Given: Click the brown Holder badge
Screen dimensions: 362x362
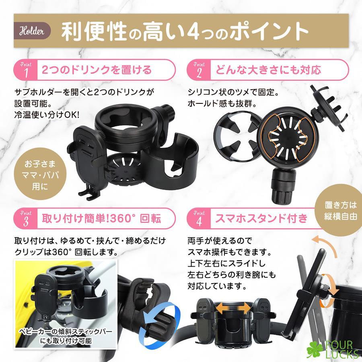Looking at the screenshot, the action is pos(32,31).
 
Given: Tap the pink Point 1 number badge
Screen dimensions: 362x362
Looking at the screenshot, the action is pos(25,70).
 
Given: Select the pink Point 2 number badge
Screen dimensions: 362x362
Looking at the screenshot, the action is pos(199,70).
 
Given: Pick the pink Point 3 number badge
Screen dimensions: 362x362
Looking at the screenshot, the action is pos(25,218).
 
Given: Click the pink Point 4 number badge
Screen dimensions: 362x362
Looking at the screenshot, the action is pos(199,218).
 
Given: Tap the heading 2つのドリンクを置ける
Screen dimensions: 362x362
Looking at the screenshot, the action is pos(97,70).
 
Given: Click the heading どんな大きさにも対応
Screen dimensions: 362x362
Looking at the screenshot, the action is pos(268,70).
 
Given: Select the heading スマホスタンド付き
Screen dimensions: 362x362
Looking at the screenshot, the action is pos(261,218).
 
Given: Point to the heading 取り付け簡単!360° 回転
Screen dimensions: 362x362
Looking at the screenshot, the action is pos(101,218).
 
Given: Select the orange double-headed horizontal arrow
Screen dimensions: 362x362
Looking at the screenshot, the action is pos(233,309).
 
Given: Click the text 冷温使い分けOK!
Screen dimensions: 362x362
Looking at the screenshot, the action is pos(47,115).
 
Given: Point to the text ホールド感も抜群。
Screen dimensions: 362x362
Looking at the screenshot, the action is pos(222,104).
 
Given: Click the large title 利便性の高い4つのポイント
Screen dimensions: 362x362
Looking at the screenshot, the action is pos(185,31).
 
